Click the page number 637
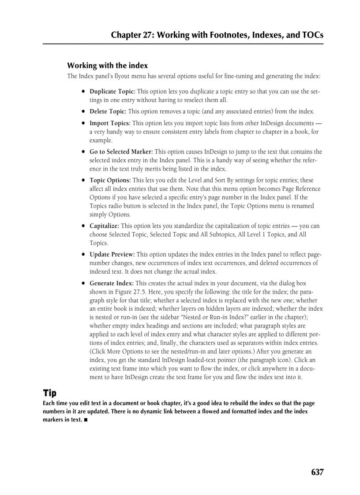pos(317,472)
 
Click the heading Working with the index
pos(107,66)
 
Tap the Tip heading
pos(49,393)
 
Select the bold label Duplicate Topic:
pos(112,92)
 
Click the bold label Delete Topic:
pos(108,112)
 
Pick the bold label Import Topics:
pos(110,123)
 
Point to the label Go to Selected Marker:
pos(121,152)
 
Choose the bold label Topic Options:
pos(110,180)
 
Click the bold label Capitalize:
pos(105,226)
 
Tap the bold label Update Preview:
pos(112,254)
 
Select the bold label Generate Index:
pos(112,283)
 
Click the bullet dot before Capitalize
pos(83,226)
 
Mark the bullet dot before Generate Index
pos(83,283)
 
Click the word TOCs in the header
pos(311,35)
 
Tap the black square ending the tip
pos(86,420)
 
